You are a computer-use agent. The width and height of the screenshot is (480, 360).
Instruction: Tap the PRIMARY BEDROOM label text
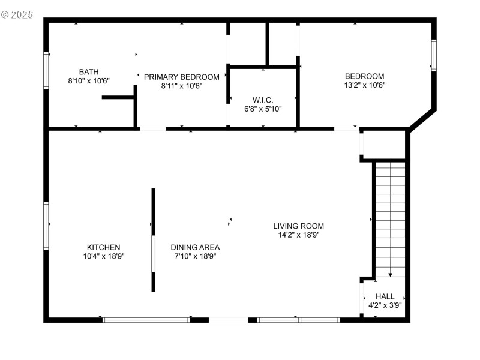click(181, 77)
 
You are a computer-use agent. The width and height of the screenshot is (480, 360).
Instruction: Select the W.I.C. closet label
click(263, 100)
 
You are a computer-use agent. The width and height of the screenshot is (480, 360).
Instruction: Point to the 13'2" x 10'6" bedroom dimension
click(364, 85)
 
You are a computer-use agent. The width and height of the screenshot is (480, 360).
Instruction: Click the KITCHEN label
click(104, 247)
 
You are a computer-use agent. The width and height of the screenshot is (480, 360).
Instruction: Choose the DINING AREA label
click(195, 247)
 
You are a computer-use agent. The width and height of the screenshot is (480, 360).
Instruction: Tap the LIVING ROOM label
click(299, 226)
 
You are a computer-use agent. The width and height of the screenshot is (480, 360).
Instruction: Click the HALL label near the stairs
click(385, 296)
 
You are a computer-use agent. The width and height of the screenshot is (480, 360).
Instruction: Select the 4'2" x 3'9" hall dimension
click(385, 305)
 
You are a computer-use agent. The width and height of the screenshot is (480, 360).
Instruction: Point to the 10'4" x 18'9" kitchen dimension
click(104, 256)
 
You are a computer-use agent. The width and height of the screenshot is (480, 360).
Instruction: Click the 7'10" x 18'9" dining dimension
click(195, 256)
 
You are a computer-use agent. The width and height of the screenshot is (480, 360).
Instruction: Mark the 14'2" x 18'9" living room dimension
click(299, 235)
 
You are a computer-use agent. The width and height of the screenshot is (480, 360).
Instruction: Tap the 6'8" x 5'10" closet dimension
click(263, 109)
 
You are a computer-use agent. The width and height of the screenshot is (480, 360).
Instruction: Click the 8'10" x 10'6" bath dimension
click(89, 80)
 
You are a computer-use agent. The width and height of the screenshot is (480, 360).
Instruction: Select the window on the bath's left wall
click(46, 71)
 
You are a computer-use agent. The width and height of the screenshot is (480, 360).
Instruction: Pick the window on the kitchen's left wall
click(46, 226)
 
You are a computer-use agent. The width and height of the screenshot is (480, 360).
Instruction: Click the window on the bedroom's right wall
click(434, 55)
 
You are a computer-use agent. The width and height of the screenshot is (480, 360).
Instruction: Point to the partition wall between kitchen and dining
click(154, 240)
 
